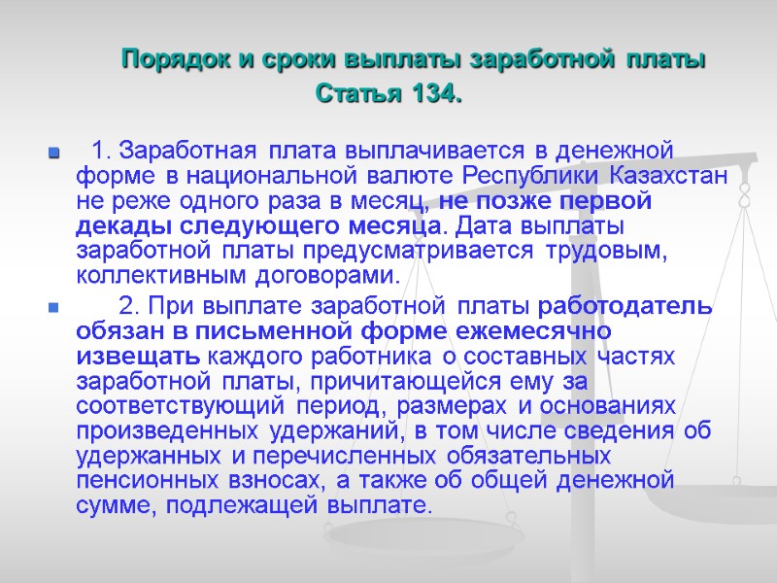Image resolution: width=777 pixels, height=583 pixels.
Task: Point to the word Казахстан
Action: (670, 177)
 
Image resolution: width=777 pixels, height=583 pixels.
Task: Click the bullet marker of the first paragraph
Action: (53, 154)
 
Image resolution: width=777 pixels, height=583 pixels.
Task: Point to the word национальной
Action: (274, 177)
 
